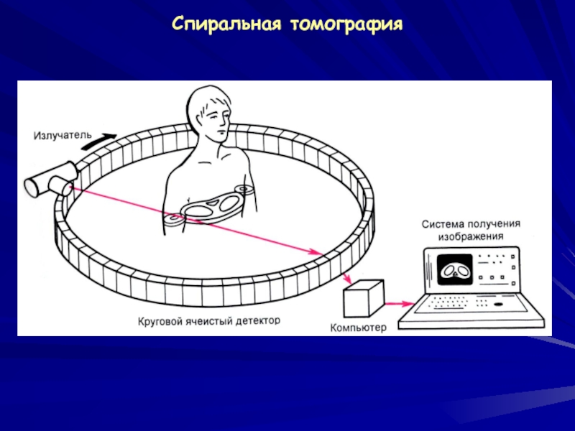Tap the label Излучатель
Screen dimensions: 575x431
pos(62,134)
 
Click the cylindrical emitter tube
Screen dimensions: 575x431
pos(51,179)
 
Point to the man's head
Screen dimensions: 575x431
pos(212,115)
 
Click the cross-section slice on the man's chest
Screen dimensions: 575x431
pos(212,206)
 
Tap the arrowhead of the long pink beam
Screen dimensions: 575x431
pos(317,252)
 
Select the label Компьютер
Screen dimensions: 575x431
pos(358,328)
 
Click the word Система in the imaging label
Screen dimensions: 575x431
pos(441,224)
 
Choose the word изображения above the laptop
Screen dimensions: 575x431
pos(471,236)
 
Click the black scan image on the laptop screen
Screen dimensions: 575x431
pos(454,269)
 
